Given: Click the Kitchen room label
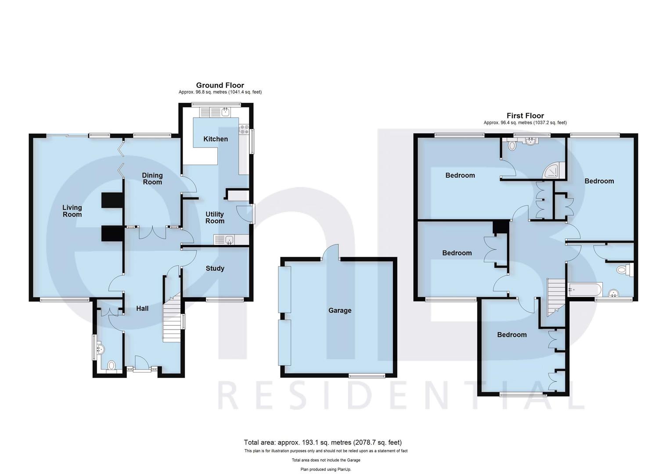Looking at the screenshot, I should [x=216, y=139].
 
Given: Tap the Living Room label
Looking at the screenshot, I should [x=72, y=211].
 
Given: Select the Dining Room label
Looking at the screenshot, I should [x=152, y=179].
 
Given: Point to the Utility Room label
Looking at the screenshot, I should [x=215, y=217].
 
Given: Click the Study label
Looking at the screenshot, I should [x=215, y=268].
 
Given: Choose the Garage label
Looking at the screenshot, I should [x=340, y=310].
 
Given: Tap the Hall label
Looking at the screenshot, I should [x=142, y=309].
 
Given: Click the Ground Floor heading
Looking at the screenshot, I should [x=220, y=85].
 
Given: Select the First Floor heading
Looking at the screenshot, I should [x=525, y=116].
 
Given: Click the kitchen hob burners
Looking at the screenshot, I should [x=243, y=129].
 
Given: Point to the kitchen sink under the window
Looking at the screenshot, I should [x=226, y=112].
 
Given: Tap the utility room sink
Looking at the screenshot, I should [x=228, y=240].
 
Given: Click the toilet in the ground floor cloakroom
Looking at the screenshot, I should [x=112, y=365].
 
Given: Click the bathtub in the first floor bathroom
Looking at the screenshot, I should [x=584, y=290].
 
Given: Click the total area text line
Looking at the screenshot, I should [x=323, y=442].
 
